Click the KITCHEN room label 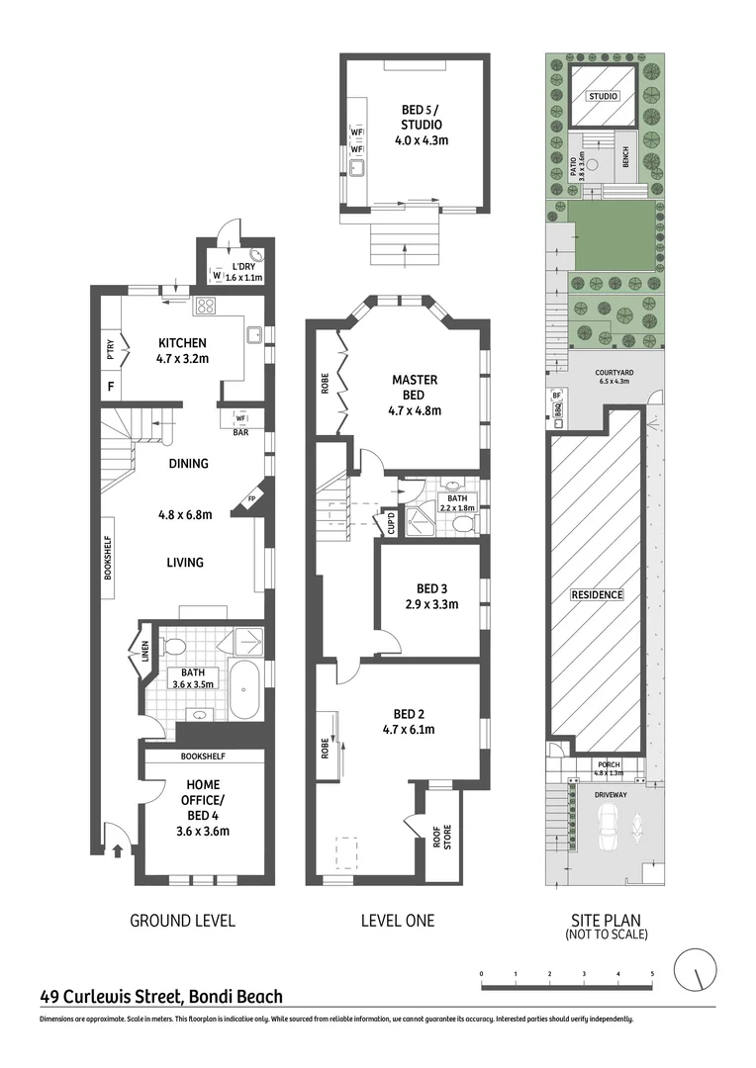[182, 343]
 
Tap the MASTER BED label [415, 388]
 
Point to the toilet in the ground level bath [175, 649]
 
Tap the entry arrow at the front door [118, 847]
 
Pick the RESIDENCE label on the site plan [597, 594]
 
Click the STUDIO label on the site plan [603, 97]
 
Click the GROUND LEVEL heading [182, 921]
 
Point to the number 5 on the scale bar [652, 974]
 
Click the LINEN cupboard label [134, 653]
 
